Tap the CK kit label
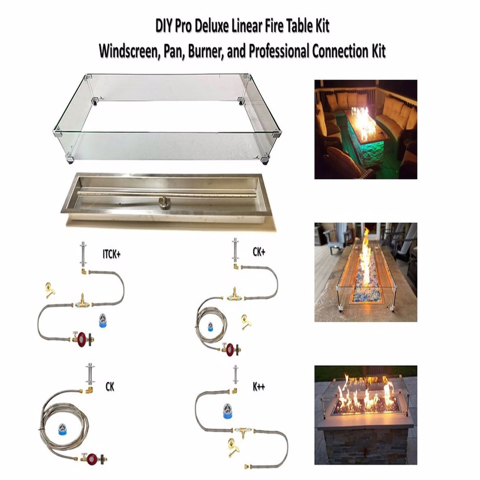point(110,387)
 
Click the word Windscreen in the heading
point(126,52)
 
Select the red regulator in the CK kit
point(92,458)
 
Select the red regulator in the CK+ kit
point(230,349)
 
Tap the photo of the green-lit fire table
point(365,129)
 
